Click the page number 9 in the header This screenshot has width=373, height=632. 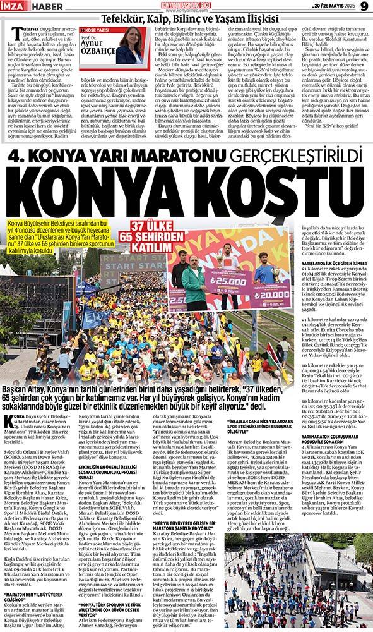(x=364, y=6)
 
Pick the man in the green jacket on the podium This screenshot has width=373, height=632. (x=194, y=286)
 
